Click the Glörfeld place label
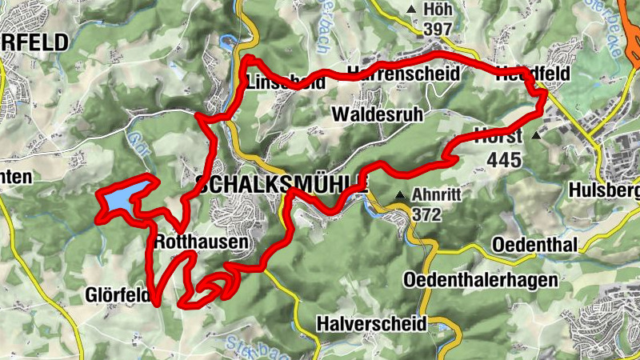tap(118, 296)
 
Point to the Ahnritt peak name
tap(438, 194)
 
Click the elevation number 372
tap(427, 214)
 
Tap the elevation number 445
tap(503, 160)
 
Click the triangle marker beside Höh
tap(412, 10)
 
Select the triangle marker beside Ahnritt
tap(400, 195)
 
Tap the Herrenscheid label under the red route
tap(404, 74)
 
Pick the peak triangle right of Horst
tap(536, 136)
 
